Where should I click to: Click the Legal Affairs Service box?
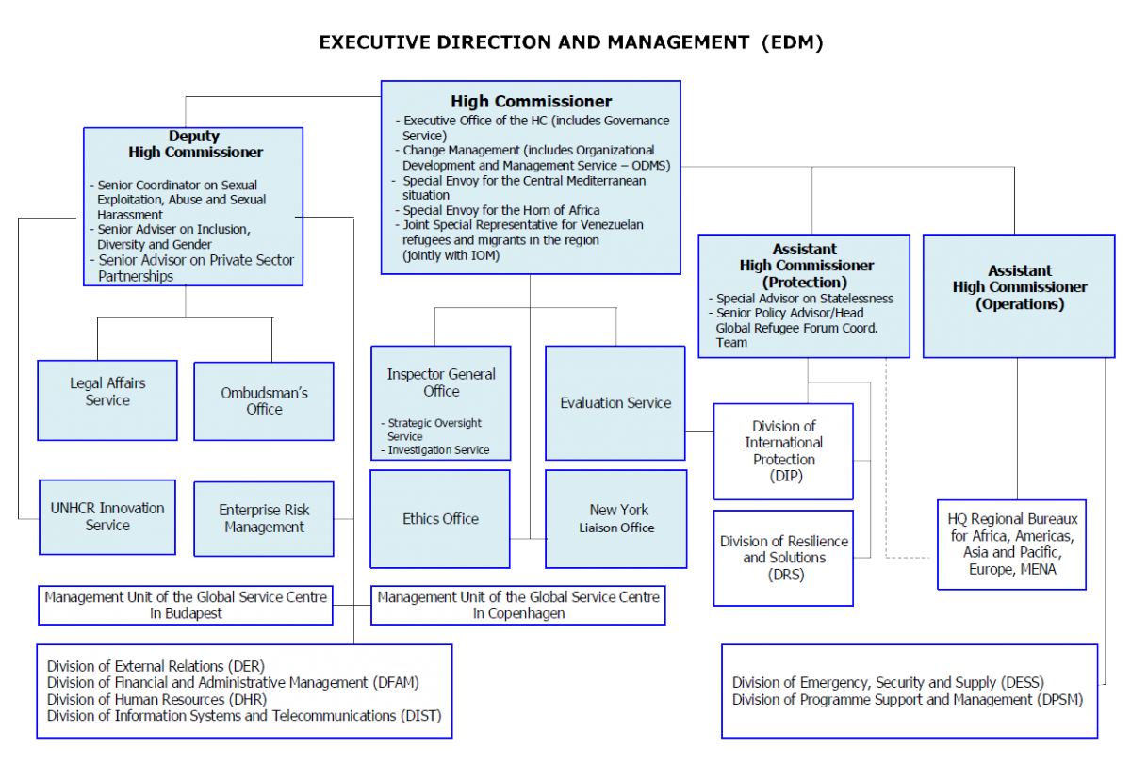107,400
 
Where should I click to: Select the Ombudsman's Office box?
264,401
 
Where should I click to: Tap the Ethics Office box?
440,519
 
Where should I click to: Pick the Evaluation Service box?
615,402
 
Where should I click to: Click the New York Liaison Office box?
616,519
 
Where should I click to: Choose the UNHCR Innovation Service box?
107,517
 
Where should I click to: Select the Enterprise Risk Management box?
264,519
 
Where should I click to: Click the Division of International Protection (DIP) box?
783,451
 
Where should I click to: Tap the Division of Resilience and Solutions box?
783,558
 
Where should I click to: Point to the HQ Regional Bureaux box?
1011,545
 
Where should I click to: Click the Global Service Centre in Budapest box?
186,605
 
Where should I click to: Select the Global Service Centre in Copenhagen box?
518,605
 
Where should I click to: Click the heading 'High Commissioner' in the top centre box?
532,102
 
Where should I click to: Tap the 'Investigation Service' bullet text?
438,449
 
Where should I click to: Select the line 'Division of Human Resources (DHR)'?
156,699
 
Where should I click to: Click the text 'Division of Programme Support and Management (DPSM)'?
908,699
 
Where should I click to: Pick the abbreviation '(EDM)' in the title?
793,42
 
